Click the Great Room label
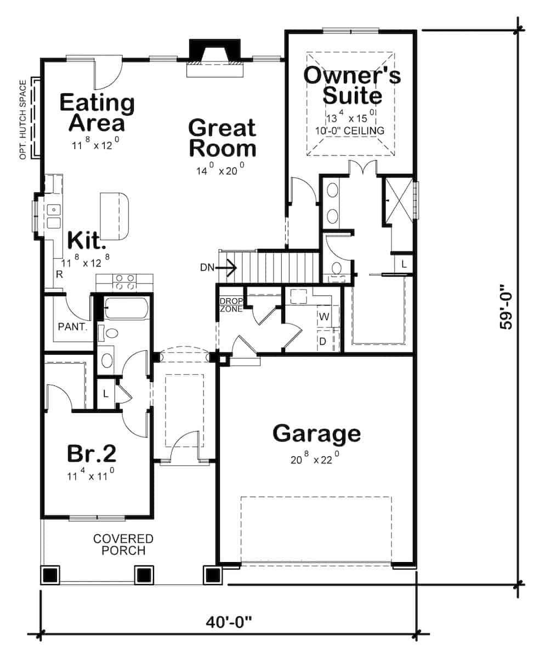222,138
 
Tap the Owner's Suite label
352,86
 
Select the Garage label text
316,433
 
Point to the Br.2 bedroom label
92,453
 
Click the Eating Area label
96,112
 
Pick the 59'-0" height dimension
506,310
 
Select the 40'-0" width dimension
229,622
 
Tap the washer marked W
323,316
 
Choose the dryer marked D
323,341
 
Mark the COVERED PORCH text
123,544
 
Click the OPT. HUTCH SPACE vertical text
23,120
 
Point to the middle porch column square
144,575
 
